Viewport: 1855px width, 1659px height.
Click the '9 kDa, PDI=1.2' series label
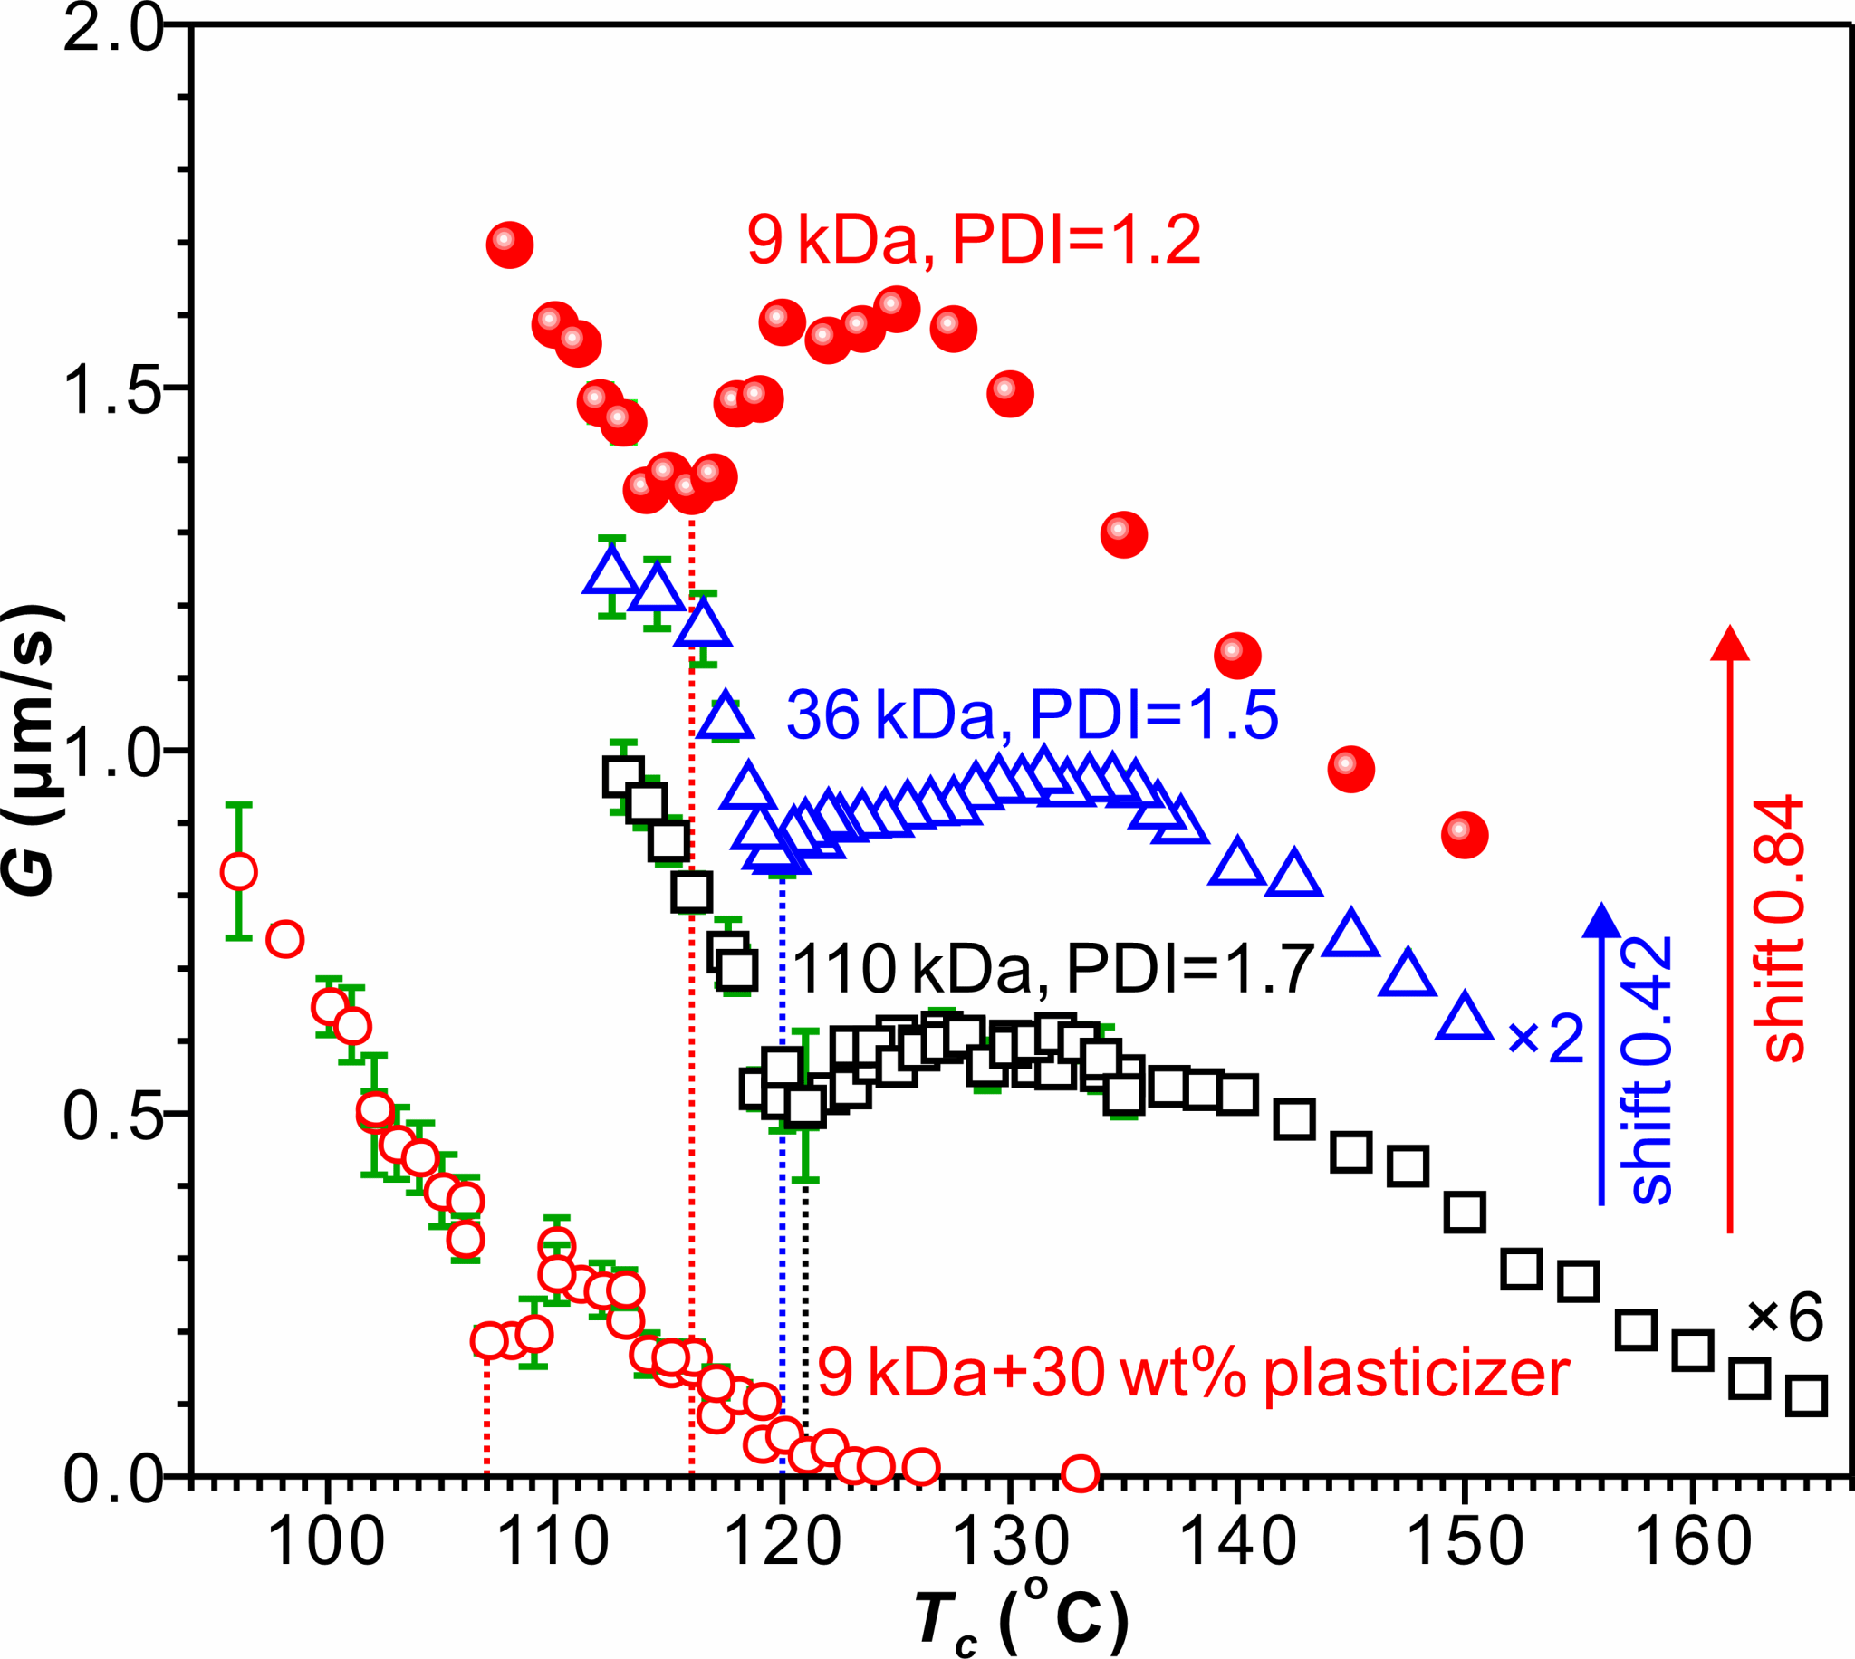pos(974,241)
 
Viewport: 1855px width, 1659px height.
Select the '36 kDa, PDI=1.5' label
pos(1032,714)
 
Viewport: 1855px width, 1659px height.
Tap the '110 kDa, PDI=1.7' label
pos(1052,968)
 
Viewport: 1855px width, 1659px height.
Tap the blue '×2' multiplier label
pos(1546,1039)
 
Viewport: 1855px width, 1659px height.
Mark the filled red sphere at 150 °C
pos(1465,835)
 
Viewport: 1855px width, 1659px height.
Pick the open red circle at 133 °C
pos(1080,1472)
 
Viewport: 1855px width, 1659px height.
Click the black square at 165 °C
pos(1806,1395)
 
